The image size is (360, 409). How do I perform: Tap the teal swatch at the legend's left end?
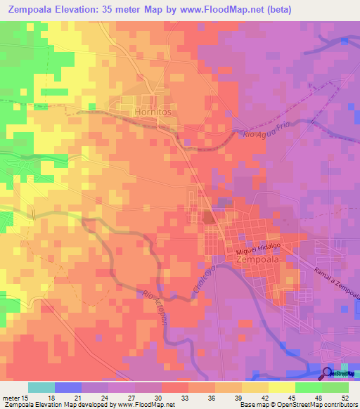41,387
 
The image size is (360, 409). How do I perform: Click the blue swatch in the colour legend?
68,387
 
